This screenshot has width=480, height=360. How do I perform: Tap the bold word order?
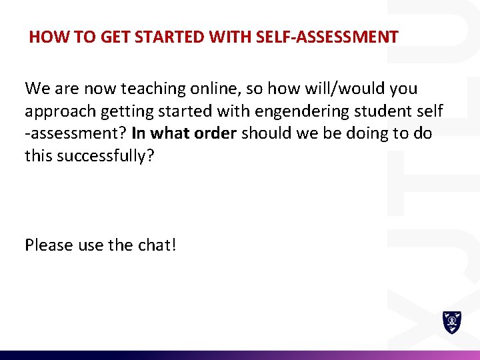[x=215, y=133]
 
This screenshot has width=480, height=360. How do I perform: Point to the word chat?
[x=157, y=245]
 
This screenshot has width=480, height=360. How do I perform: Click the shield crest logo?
[x=452, y=322]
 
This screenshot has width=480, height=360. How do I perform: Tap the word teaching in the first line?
[x=151, y=88]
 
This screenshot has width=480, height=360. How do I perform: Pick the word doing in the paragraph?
[x=370, y=133]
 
